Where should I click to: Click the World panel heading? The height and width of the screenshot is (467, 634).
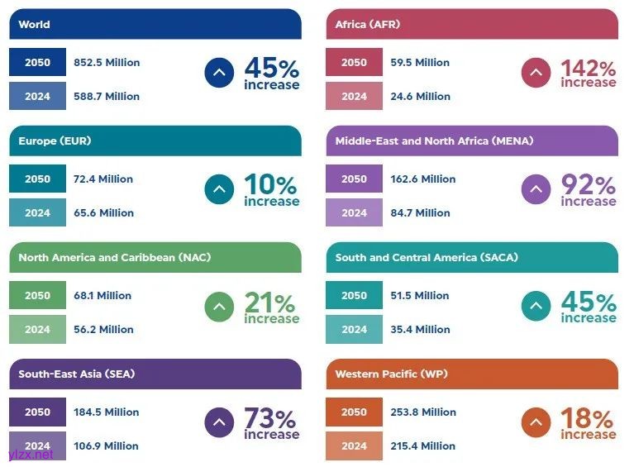pyautogui.click(x=35, y=25)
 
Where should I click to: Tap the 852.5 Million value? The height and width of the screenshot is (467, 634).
pyautogui.click(x=107, y=63)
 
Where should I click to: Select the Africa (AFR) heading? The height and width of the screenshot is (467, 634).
pyautogui.click(x=368, y=25)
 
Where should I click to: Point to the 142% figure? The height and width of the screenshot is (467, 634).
pyautogui.click(x=588, y=68)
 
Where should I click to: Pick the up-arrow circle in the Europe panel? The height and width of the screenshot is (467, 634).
pyautogui.click(x=219, y=189)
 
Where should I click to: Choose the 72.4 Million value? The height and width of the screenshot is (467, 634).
pyautogui.click(x=103, y=179)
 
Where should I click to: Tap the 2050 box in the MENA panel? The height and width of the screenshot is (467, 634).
pyautogui.click(x=354, y=179)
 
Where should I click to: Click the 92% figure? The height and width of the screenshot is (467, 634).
pyautogui.click(x=588, y=184)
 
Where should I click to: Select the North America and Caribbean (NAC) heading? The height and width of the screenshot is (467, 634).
pyautogui.click(x=115, y=258)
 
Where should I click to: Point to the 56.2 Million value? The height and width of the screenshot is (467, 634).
pyautogui.click(x=103, y=330)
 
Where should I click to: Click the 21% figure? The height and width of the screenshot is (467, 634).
pyautogui.click(x=270, y=303)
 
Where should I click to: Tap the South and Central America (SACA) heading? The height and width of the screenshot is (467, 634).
pyautogui.click(x=427, y=258)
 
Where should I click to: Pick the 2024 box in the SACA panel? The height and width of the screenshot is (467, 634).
pyautogui.click(x=354, y=330)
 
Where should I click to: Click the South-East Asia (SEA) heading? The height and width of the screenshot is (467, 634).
pyautogui.click(x=77, y=374)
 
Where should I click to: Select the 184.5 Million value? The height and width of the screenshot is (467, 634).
pyautogui.click(x=107, y=412)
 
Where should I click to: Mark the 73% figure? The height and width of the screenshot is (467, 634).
pyautogui.click(x=270, y=419)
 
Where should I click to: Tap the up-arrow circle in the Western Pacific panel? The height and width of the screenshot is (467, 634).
pyautogui.click(x=536, y=422)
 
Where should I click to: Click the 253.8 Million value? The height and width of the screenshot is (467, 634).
pyautogui.click(x=423, y=412)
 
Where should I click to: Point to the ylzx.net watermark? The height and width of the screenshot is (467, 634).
pyautogui.click(x=31, y=455)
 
